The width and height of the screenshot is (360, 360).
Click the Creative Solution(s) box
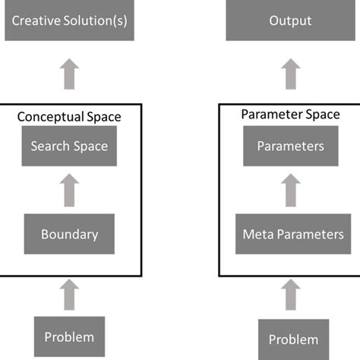coord(69,21)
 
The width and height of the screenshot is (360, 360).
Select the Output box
coord(290,21)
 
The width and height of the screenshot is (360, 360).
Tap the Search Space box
coord(69,146)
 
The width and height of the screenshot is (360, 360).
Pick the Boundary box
coord(69,234)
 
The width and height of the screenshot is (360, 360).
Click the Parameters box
coord(290,146)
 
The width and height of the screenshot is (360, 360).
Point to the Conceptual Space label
coord(69,117)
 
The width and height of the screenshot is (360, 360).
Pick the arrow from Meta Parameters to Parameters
coord(290,190)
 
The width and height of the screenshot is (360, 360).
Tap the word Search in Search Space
coord(48,146)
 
